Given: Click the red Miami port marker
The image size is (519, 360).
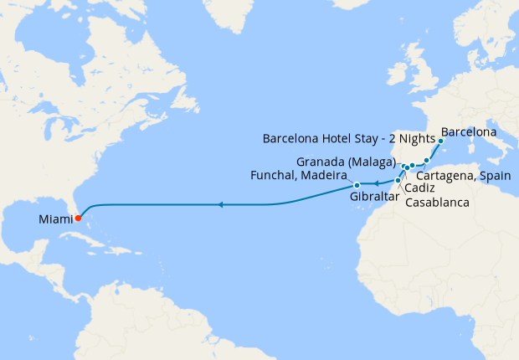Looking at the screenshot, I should [x=77, y=219].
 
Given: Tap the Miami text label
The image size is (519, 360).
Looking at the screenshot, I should [x=55, y=220].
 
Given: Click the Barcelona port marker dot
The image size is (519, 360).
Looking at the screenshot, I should [x=440, y=141].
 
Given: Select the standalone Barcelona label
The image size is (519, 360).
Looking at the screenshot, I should [x=469, y=132].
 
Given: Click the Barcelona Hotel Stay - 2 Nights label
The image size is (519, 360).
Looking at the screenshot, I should [x=349, y=139].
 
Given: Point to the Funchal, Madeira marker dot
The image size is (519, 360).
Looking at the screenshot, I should [x=357, y=185].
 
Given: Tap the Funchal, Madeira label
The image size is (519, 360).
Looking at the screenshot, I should [x=299, y=175].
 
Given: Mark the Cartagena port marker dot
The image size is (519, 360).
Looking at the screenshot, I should [x=426, y=160].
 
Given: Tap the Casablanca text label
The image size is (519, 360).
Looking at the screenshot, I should [x=436, y=202].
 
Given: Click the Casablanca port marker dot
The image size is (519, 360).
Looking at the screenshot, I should [x=398, y=180].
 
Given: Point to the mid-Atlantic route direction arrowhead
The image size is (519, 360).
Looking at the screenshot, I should [x=219, y=204].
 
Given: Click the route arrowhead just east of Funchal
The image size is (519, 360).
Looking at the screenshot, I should [x=375, y=184].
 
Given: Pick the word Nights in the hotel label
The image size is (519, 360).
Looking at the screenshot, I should [x=419, y=139].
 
